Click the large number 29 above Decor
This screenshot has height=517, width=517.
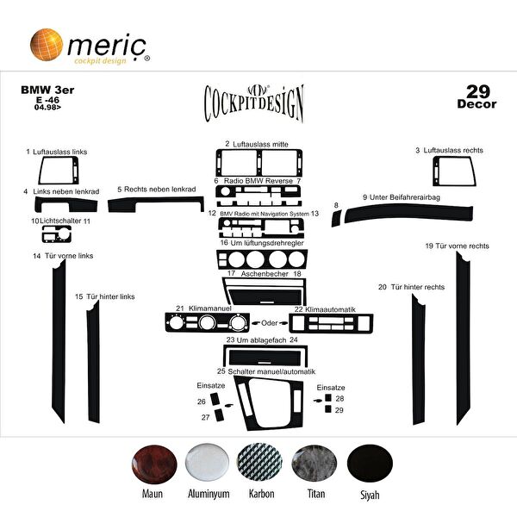coord(481,90)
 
